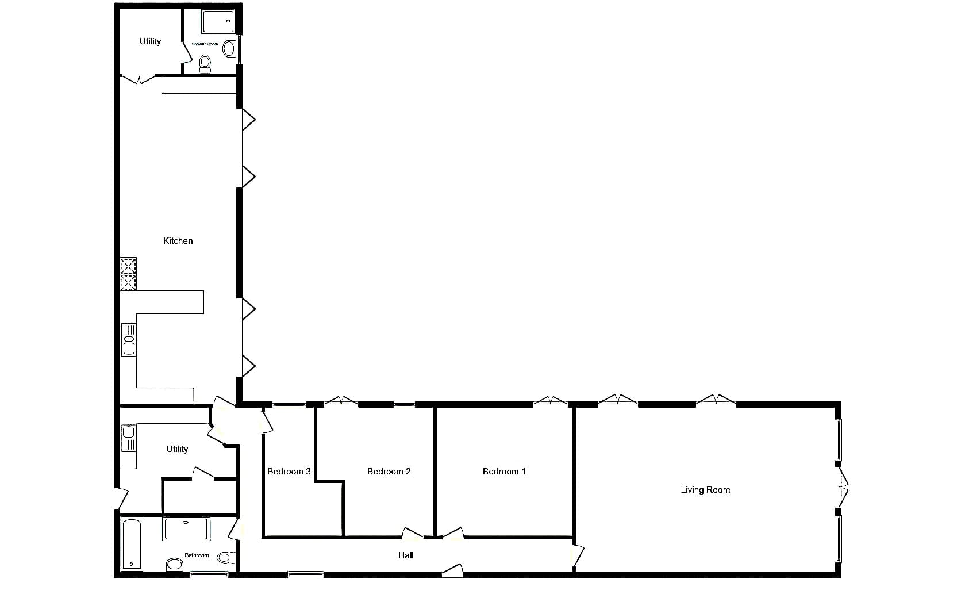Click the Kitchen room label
178,241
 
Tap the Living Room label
705,490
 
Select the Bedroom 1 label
504,472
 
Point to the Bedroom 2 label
389,472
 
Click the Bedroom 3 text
289,472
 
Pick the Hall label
406,555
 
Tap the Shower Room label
205,44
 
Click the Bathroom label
197,555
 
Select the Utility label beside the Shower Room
150,41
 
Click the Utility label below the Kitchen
177,449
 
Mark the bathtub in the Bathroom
132,544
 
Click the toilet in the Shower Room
206,64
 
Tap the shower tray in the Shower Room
218,21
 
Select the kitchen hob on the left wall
128,274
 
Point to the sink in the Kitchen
129,339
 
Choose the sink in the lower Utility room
128,438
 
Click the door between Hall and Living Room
578,555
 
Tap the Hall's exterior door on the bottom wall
452,570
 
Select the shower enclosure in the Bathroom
186,529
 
